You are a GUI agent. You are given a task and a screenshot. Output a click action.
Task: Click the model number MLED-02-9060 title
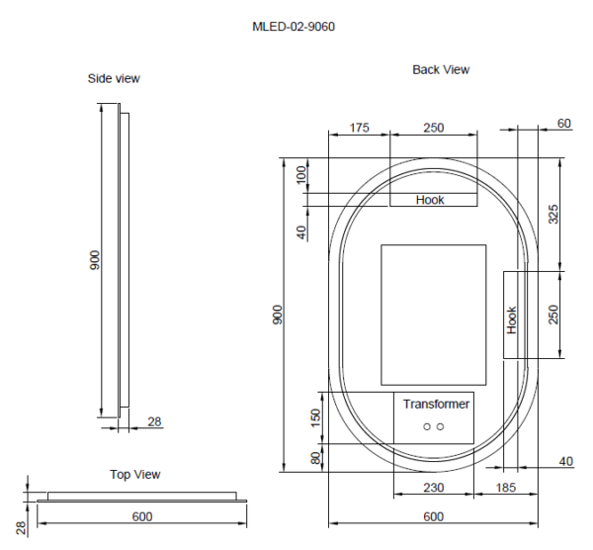pyautogui.click(x=294, y=26)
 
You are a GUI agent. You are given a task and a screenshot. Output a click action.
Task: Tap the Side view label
pyautogui.click(x=114, y=78)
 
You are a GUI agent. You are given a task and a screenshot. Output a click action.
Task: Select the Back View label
pyautogui.click(x=441, y=69)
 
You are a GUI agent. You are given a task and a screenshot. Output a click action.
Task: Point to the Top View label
pyautogui.click(x=134, y=475)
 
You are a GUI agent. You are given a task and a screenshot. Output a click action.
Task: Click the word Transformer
pyautogui.click(x=436, y=404)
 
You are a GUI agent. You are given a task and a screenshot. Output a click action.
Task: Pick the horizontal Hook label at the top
pyautogui.click(x=430, y=200)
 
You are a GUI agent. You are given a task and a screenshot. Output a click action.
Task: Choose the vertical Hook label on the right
pyautogui.click(x=512, y=319)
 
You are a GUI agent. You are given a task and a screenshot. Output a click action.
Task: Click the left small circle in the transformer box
pyautogui.click(x=427, y=426)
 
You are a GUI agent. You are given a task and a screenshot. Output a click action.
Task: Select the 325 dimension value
pyautogui.click(x=553, y=214)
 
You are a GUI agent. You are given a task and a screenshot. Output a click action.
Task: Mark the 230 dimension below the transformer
pyautogui.click(x=433, y=488)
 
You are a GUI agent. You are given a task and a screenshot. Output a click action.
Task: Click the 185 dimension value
pyautogui.click(x=506, y=488)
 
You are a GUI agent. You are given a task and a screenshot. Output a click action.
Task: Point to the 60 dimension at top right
pyautogui.click(x=564, y=124)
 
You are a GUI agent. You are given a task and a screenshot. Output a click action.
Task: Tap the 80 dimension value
pyautogui.click(x=317, y=459)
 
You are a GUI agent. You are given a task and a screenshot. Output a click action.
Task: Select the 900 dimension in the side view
pyautogui.click(x=95, y=260)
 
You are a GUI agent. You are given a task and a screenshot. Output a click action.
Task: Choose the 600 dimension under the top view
pyautogui.click(x=141, y=515)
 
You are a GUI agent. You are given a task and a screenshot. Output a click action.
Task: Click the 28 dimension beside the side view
pyautogui.click(x=155, y=422)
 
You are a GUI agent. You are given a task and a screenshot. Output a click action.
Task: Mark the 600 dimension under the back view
pyautogui.click(x=433, y=516)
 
